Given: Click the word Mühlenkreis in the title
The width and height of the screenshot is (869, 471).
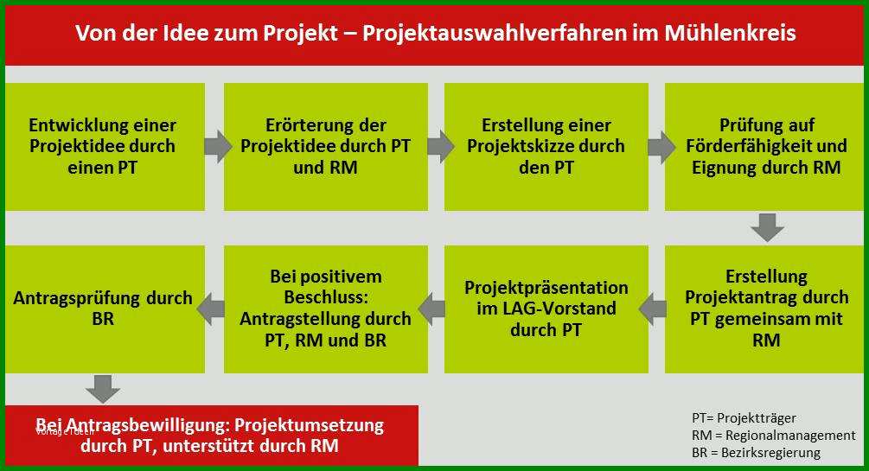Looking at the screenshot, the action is tap(731, 33).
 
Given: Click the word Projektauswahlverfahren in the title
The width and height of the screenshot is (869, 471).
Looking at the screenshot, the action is tap(493, 33).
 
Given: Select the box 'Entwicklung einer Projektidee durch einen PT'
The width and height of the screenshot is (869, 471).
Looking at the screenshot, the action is tap(105, 147).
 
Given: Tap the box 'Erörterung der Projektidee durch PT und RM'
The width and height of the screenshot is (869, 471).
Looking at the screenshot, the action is tap(326, 147).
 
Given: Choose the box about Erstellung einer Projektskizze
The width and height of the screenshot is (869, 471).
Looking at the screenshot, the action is tap(546, 147).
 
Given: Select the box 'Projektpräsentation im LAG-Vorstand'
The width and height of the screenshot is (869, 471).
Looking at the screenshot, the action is tap(546, 309).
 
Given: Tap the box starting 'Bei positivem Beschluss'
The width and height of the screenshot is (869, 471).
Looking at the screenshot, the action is tap(326, 309).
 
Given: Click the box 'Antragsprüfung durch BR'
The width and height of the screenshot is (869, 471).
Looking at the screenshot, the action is tap(105, 309).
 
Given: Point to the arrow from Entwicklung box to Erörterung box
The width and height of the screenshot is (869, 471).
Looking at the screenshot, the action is tap(218, 147).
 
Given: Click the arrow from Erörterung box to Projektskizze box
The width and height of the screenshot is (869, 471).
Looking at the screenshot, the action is tap(441, 147).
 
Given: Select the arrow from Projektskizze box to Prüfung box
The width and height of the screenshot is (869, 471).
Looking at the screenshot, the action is tap(661, 147).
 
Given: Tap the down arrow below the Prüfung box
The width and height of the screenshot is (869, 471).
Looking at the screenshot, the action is tap(768, 228).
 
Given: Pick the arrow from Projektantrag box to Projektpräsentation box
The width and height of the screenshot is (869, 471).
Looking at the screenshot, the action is tap(652, 309).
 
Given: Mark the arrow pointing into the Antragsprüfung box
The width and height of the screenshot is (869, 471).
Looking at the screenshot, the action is tap(211, 309).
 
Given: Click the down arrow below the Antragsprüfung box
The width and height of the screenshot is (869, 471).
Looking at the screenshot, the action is tap(103, 389).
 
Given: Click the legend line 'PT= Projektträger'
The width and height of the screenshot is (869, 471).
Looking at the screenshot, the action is tap(744, 417).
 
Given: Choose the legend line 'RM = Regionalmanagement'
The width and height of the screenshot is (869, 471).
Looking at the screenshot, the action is tap(774, 436).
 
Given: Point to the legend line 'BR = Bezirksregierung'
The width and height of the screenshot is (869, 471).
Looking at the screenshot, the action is tap(756, 453).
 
